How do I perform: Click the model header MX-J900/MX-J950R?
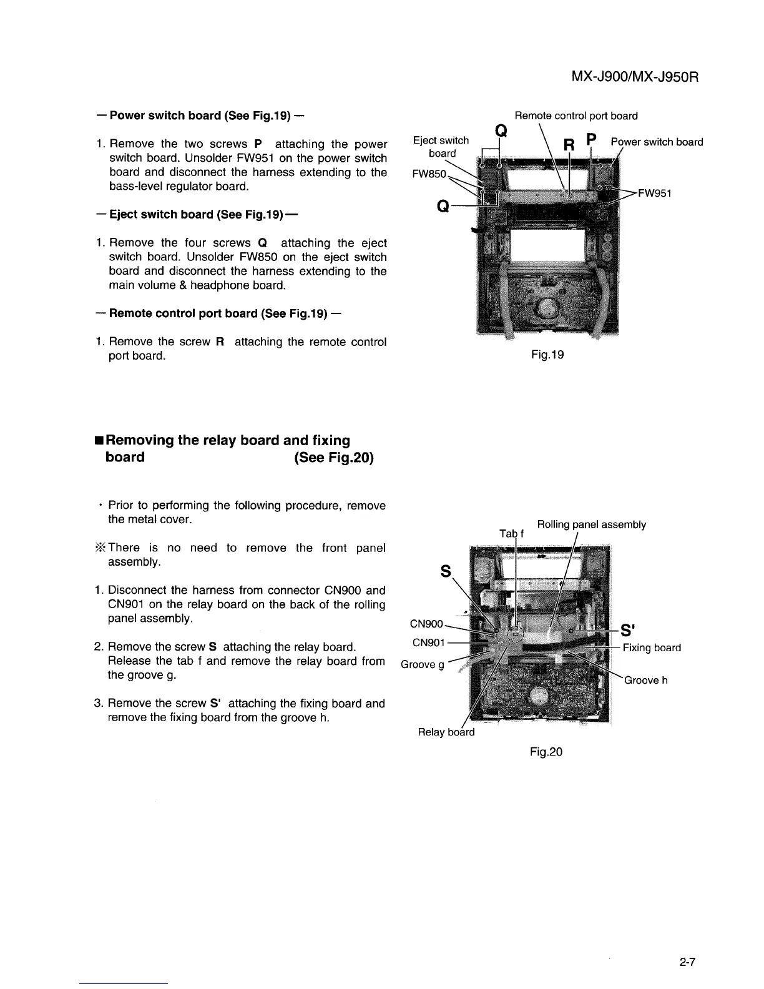(x=634, y=77)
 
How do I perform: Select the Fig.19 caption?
(x=547, y=355)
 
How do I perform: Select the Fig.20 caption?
(x=546, y=752)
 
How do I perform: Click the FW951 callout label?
(x=654, y=193)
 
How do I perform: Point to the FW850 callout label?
(x=430, y=174)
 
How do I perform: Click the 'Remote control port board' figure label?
(x=575, y=116)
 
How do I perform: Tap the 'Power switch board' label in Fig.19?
(x=657, y=142)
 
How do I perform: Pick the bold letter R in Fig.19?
(x=568, y=145)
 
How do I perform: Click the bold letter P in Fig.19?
(x=592, y=139)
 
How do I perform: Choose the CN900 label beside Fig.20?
(x=426, y=624)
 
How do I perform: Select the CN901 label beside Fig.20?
(x=429, y=642)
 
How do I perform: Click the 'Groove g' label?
(x=423, y=664)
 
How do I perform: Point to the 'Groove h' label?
(x=646, y=680)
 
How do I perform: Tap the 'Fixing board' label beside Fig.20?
(x=652, y=647)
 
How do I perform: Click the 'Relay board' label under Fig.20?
(x=446, y=732)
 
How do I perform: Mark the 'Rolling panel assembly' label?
(x=591, y=524)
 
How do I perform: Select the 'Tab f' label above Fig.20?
(x=512, y=533)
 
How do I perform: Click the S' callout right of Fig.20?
(x=629, y=629)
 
